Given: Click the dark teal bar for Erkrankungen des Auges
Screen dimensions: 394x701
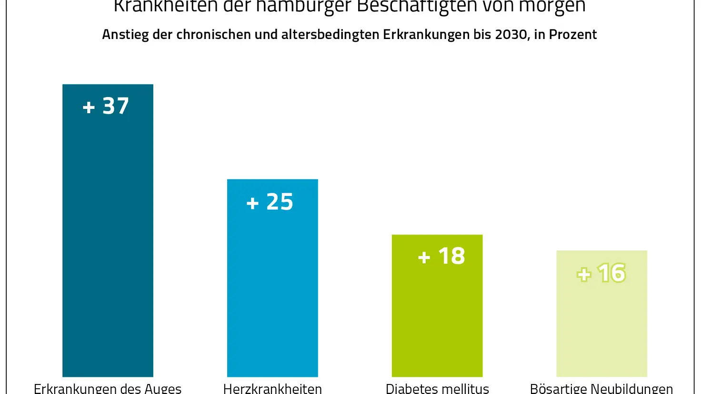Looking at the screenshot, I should (108, 238).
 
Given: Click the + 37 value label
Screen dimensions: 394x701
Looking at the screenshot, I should (106, 106).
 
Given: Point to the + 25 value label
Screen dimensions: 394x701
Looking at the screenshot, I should (270, 202).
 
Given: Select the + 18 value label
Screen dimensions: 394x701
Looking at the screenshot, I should (441, 256).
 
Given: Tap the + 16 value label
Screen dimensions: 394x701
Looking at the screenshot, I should (601, 273).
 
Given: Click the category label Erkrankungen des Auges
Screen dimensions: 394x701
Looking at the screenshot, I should (108, 388).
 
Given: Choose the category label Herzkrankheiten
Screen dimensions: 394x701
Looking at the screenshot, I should (272, 388).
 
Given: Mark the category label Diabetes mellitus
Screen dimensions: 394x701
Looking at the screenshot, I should (437, 388).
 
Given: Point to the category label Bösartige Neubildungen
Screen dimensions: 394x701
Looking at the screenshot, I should (601, 388).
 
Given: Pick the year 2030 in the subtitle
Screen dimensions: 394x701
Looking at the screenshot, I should (511, 35).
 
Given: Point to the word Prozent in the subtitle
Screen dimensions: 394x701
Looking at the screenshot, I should (573, 35).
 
